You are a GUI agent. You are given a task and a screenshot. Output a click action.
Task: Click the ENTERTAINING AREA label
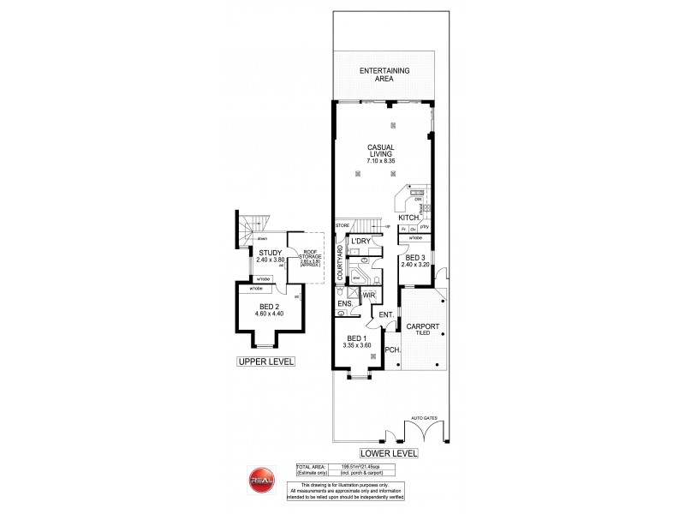point(384,74)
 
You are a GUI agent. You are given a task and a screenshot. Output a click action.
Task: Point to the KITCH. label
point(408,218)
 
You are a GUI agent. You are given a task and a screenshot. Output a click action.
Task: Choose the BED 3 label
point(414,258)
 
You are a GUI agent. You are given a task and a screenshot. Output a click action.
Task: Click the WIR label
point(369,296)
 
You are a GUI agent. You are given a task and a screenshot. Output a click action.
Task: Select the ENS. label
point(344,304)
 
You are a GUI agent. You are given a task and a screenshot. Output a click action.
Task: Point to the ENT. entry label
point(386,315)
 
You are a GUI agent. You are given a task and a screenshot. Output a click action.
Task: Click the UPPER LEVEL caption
point(265,362)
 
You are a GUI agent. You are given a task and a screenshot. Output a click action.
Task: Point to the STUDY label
point(271,253)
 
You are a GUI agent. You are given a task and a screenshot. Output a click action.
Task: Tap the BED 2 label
point(268,308)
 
